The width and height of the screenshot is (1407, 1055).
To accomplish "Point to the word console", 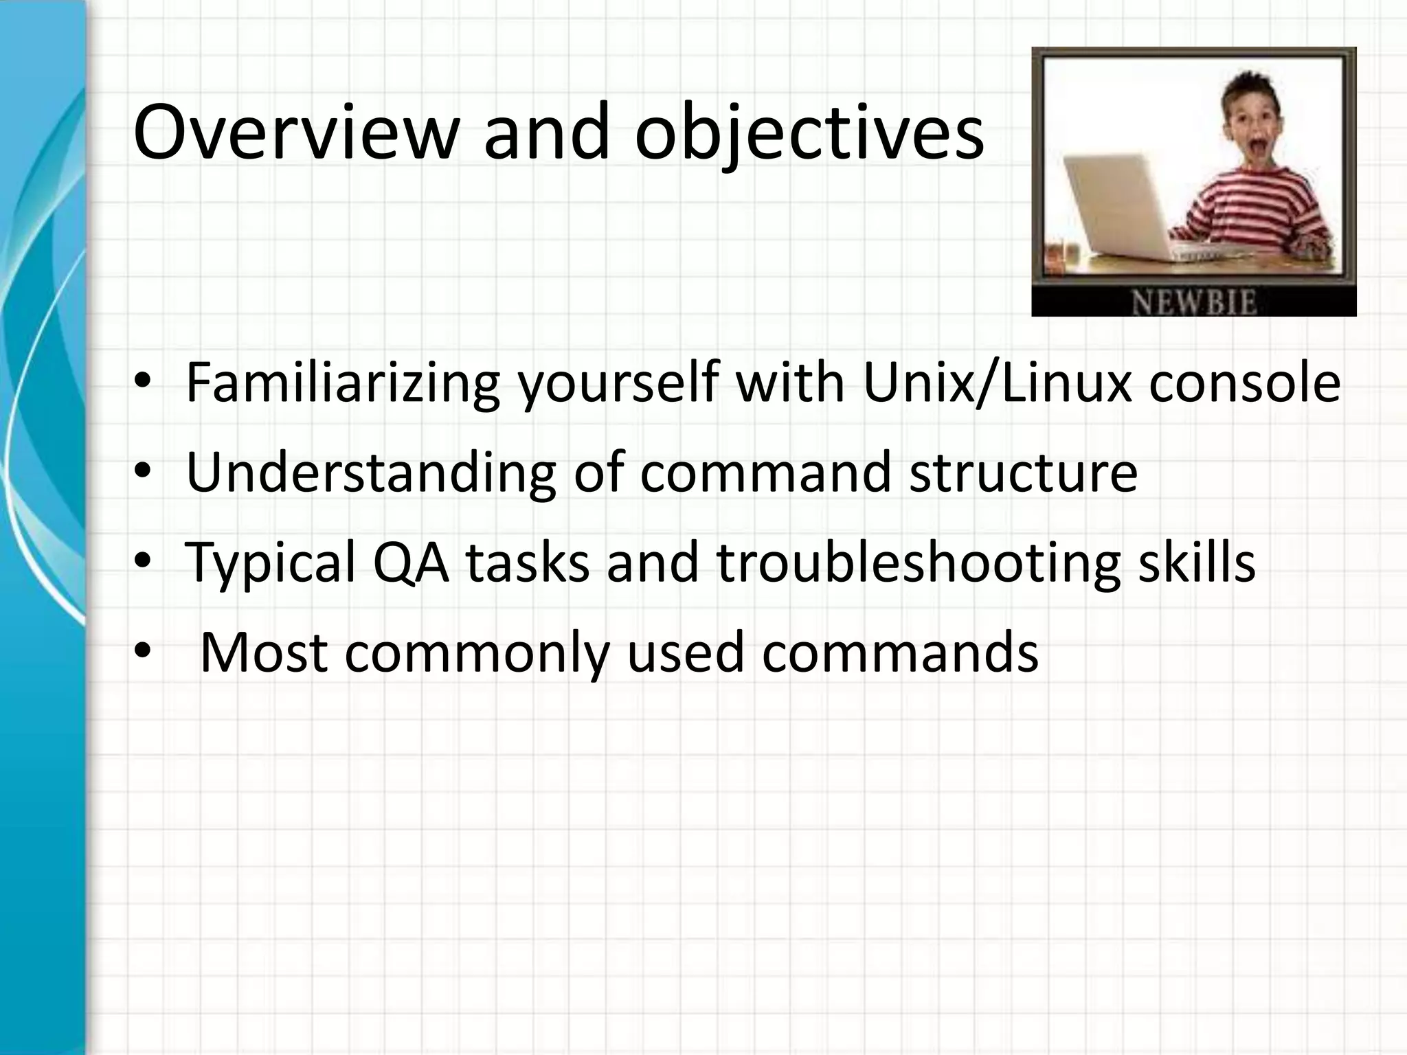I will [x=1244, y=383].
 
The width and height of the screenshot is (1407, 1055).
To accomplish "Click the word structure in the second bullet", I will [x=1024, y=473].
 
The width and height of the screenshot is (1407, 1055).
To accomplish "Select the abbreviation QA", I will [x=411, y=562].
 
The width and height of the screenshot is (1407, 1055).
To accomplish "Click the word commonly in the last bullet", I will [x=477, y=653].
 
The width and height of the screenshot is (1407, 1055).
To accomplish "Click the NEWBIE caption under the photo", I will [x=1193, y=303].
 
